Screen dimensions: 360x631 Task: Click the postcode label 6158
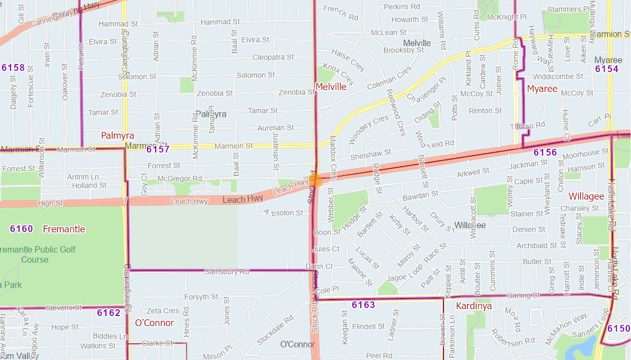(13, 68)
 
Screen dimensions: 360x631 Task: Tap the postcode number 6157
(158, 149)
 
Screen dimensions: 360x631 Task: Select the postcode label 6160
(21, 229)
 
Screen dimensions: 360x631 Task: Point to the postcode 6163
(363, 305)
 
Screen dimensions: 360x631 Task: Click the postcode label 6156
(545, 153)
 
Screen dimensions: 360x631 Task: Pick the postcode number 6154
(607, 69)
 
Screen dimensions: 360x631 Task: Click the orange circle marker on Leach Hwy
(315, 180)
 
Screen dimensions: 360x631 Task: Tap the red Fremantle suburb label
(64, 229)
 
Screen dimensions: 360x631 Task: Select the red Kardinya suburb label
(474, 306)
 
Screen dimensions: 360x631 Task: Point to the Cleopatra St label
(273, 57)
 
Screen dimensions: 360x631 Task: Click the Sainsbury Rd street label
(226, 272)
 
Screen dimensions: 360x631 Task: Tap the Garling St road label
(522, 295)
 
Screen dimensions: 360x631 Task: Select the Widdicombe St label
(558, 77)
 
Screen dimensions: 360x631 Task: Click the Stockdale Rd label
(275, 330)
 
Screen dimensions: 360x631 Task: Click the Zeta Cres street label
(163, 311)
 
